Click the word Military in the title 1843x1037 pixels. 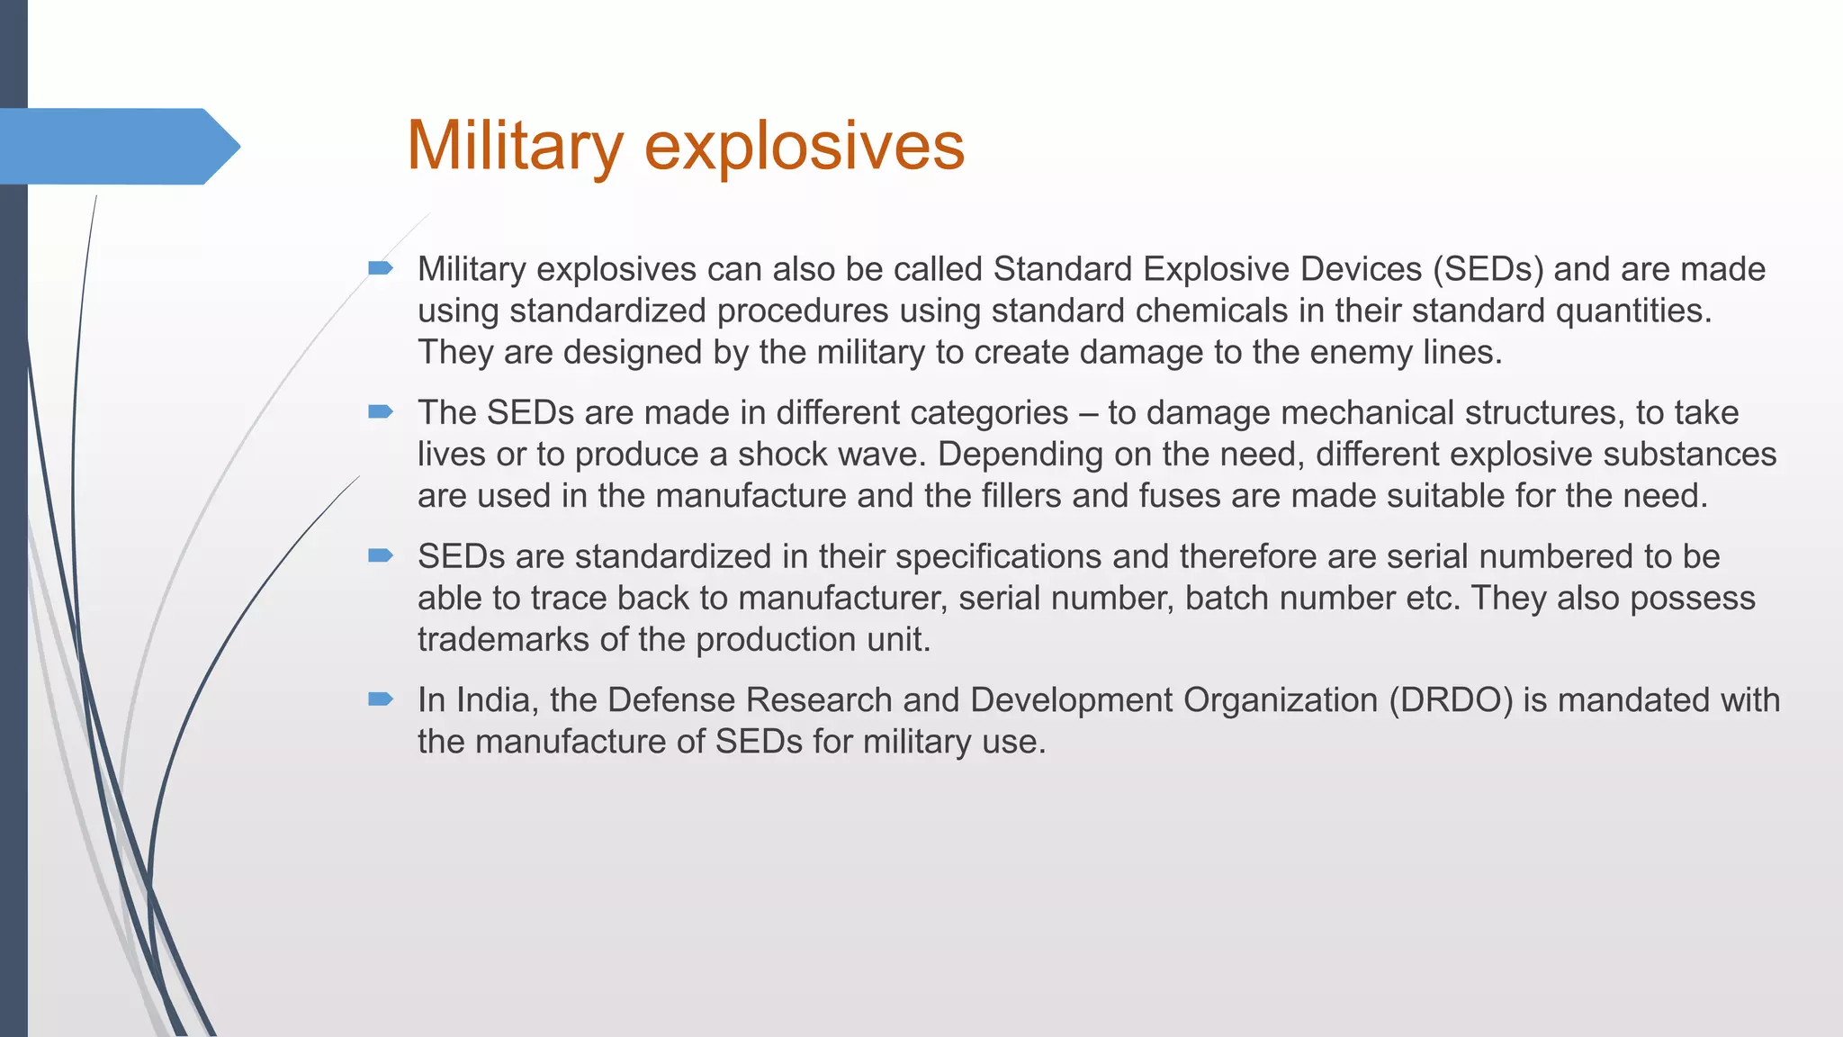point(514,146)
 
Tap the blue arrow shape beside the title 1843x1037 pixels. point(117,146)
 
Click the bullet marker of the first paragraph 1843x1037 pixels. point(381,268)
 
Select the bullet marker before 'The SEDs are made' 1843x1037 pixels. point(381,412)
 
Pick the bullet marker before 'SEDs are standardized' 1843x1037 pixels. point(381,555)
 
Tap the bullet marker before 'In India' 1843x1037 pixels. point(381,699)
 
